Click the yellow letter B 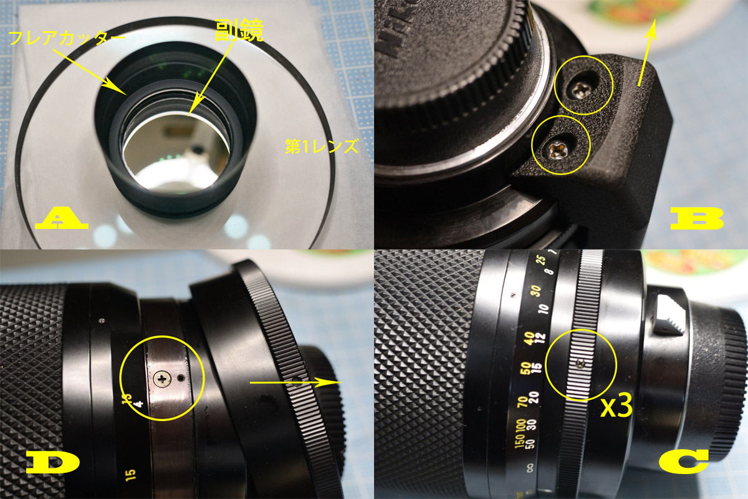point(696,220)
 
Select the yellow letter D point(52,463)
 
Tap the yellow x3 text point(616,407)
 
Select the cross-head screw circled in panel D point(163,377)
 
